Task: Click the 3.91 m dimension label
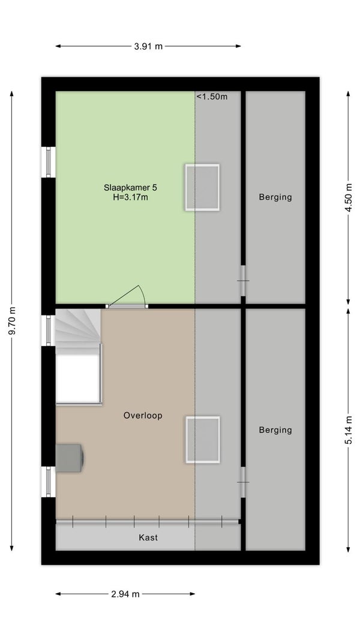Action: point(148,46)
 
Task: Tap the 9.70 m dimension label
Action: point(12,320)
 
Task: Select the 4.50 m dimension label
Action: point(348,198)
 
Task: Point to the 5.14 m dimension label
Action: point(348,430)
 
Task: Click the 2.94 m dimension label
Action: point(125,594)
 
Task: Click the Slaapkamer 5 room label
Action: point(130,188)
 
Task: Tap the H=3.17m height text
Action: point(130,198)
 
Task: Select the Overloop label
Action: point(143,416)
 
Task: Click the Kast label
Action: point(148,537)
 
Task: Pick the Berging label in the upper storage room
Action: point(275,197)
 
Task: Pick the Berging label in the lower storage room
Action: point(275,430)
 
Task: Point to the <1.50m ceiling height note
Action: point(212,97)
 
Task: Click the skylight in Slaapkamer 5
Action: point(202,187)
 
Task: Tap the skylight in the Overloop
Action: point(203,440)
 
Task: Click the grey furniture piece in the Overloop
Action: point(70,458)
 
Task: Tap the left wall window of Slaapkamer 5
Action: point(48,162)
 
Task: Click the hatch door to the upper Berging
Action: point(243,281)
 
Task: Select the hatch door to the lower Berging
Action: point(243,482)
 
